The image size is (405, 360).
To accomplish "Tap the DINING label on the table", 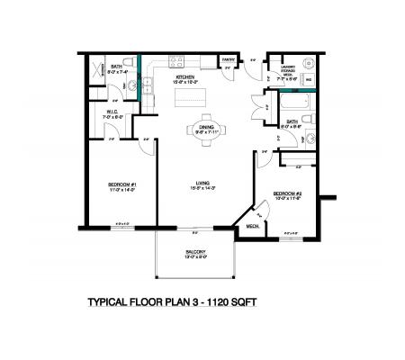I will coord(207,127).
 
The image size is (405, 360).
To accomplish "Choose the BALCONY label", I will coord(196,251).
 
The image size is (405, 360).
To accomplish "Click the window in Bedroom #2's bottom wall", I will coord(290,235).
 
